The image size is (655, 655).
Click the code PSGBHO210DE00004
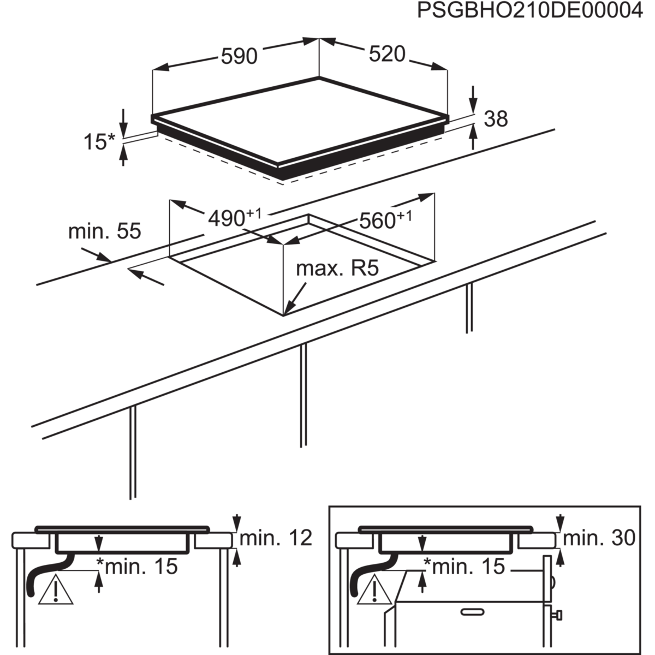coord(530,11)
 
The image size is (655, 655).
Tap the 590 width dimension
coord(239,56)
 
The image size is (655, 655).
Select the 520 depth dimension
coord(387,54)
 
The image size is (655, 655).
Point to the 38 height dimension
coord(496,119)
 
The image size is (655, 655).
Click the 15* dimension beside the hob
coord(99,141)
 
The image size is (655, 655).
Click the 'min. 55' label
coord(105,231)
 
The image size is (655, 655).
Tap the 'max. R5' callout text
coord(337,269)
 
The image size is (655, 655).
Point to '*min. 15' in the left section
coord(137,567)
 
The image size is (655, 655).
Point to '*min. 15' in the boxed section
coord(465,567)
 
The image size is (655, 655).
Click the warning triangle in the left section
coord(56,589)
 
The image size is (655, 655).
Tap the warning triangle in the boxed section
coord(374,589)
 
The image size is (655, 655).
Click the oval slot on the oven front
coord(472,612)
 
